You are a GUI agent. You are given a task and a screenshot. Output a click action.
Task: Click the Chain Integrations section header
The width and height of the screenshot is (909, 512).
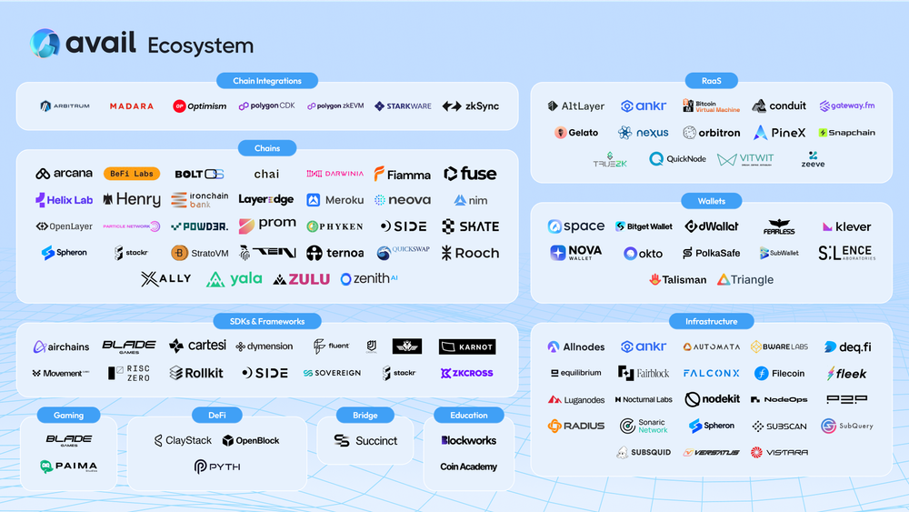click(x=267, y=81)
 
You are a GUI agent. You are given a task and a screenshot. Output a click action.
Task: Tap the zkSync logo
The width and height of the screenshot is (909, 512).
click(x=471, y=106)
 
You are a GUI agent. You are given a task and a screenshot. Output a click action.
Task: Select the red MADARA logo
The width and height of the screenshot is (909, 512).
click(x=132, y=106)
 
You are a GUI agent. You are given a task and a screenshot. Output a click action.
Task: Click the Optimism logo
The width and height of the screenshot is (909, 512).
click(x=200, y=106)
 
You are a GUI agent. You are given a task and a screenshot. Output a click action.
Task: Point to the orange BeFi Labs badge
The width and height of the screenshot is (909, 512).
click(x=132, y=174)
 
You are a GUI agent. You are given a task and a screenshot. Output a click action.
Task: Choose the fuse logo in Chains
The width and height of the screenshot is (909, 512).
click(x=470, y=174)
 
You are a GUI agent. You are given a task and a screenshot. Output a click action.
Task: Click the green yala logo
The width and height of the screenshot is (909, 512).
click(x=235, y=279)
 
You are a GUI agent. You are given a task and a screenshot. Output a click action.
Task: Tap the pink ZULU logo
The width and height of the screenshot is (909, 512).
click(x=303, y=279)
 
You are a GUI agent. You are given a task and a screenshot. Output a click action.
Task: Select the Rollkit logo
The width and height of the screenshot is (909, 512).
click(x=196, y=373)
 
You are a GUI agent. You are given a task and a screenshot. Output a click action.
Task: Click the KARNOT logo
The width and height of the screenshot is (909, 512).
click(x=466, y=346)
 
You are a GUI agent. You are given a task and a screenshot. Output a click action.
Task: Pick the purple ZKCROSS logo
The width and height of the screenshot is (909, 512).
click(x=466, y=373)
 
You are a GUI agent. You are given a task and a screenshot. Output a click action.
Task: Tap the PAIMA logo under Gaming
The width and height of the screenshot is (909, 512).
click(x=68, y=467)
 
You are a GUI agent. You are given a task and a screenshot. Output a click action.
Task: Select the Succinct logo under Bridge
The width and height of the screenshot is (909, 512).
click(x=365, y=440)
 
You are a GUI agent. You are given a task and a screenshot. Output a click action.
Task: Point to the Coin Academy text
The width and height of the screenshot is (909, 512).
click(x=469, y=467)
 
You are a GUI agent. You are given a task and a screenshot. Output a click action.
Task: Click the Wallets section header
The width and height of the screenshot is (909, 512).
click(x=712, y=200)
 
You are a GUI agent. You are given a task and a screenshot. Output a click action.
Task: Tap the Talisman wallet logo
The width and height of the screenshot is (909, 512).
click(x=678, y=280)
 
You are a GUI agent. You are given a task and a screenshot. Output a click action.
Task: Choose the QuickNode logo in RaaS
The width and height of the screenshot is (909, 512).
click(x=677, y=159)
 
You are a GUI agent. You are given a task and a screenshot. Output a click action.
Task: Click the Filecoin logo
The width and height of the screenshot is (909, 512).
click(x=778, y=373)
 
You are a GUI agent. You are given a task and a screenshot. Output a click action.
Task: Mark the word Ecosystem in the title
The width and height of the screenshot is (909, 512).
click(x=200, y=45)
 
